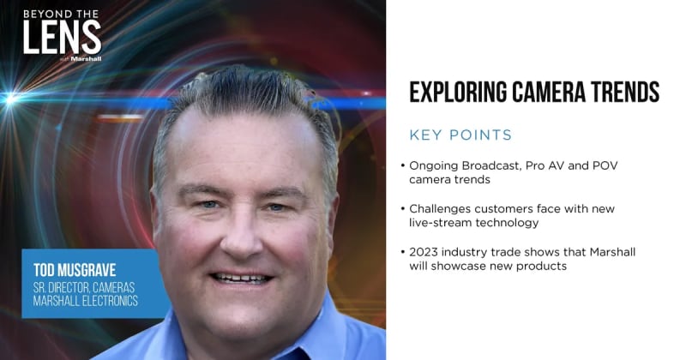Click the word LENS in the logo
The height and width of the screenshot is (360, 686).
click(x=62, y=37)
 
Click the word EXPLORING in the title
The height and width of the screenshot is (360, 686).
click(x=458, y=92)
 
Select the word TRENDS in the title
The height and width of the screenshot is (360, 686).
click(x=625, y=92)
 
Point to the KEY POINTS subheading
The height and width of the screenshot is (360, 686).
click(x=460, y=135)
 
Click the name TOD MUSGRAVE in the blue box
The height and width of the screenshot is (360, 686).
click(x=75, y=270)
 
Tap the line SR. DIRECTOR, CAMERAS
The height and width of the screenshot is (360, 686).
click(x=84, y=287)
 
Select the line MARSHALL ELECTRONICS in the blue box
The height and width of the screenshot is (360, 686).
click(x=86, y=301)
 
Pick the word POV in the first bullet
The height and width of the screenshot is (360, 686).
click(x=605, y=165)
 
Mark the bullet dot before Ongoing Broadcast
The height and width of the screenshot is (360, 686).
click(x=402, y=165)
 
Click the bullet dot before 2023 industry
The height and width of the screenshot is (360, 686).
click(x=402, y=252)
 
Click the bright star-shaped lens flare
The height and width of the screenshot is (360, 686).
click(x=11, y=99)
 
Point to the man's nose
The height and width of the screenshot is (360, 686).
click(x=241, y=237)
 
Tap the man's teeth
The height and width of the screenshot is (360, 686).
click(x=241, y=278)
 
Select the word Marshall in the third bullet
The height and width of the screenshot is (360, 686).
click(x=612, y=252)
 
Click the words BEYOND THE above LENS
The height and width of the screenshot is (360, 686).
click(x=61, y=14)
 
